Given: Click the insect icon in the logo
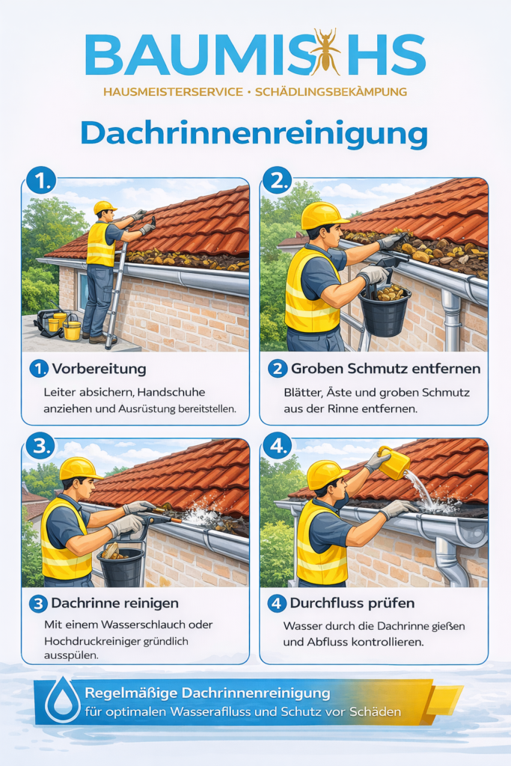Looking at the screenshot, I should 325,53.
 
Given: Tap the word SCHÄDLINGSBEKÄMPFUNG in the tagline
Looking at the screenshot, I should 331,92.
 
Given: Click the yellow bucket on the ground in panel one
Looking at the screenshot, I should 72,329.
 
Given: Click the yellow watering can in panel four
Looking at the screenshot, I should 394,462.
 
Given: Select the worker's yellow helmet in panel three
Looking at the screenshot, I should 79,469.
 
